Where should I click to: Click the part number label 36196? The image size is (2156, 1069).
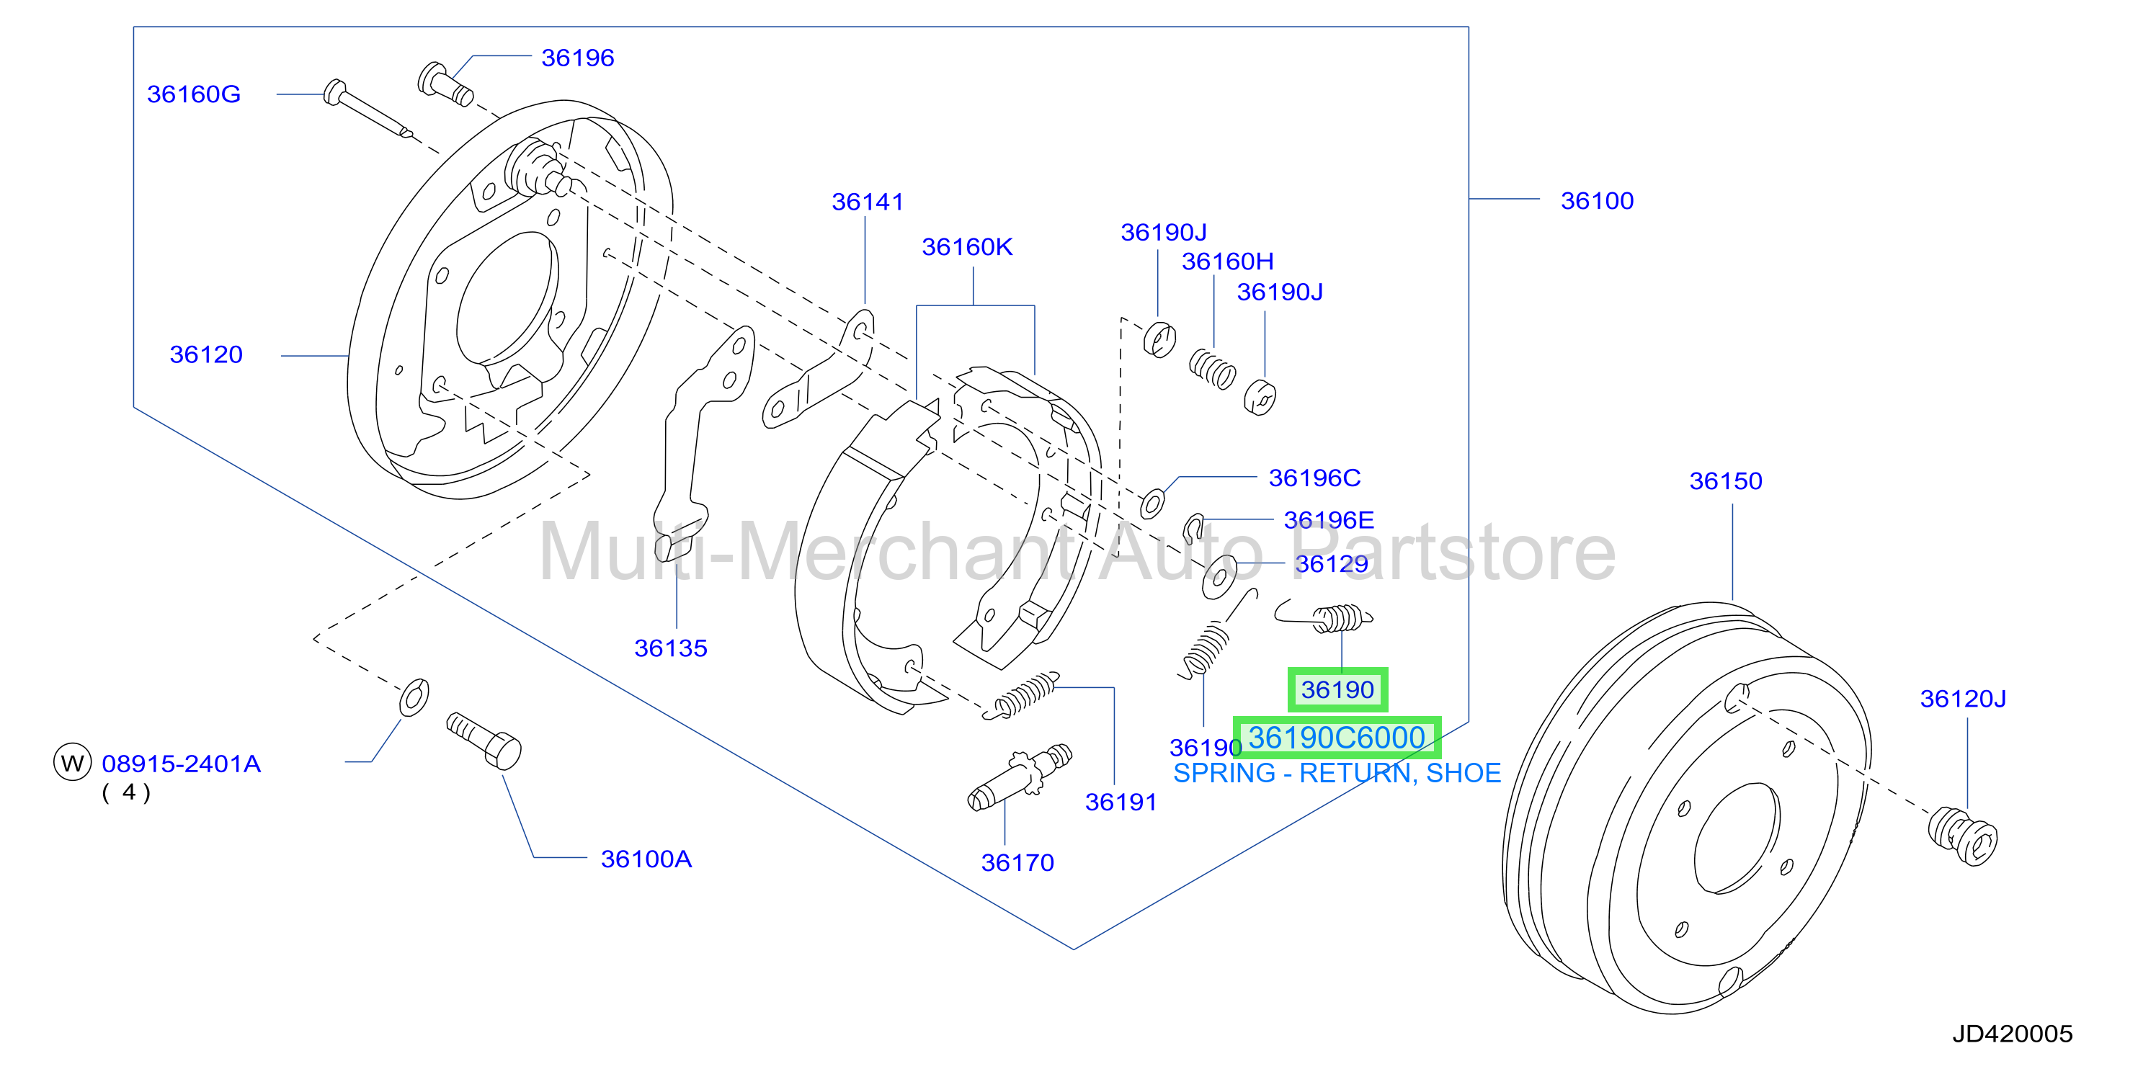tap(577, 58)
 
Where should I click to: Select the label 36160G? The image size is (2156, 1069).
tap(193, 94)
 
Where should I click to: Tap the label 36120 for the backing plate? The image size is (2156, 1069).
tap(206, 354)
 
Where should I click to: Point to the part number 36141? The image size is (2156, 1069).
tap(867, 202)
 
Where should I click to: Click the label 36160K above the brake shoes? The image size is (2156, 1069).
tap(967, 247)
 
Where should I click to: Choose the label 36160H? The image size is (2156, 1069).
tap(1227, 261)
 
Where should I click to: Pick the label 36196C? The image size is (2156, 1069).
tap(1314, 478)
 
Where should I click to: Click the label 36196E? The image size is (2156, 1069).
tap(1328, 520)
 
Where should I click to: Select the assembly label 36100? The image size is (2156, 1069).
tap(1597, 201)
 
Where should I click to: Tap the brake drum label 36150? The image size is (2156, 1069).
tap(1725, 481)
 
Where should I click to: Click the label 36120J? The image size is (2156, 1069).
tap(1963, 699)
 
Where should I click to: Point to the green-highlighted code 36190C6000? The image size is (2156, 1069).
tap(1337, 738)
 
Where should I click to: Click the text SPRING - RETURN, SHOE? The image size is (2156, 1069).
tap(1337, 773)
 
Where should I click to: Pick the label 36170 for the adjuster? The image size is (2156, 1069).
tap(1017, 862)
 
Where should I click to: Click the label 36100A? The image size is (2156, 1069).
tap(646, 859)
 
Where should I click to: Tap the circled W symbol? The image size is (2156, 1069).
tap(73, 762)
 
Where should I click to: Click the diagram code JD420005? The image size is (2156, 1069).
tap(2012, 1034)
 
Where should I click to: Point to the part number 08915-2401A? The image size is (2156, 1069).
tap(181, 764)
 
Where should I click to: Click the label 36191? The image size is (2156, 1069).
tap(1121, 802)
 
